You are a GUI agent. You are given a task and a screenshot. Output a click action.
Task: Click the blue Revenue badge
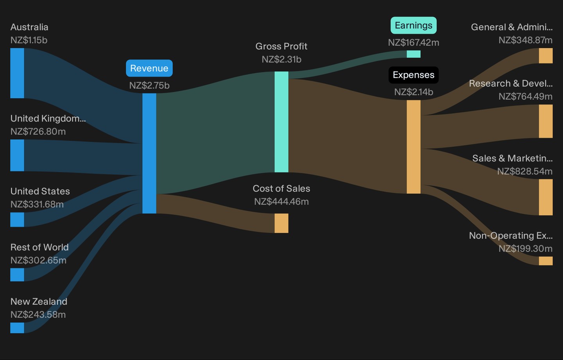(149, 68)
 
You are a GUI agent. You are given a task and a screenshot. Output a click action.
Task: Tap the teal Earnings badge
(414, 25)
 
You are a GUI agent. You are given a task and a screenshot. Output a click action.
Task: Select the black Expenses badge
(414, 75)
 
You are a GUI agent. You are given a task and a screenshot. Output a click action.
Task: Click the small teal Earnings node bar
(414, 54)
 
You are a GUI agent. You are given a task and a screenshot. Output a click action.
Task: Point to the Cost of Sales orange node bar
(281, 223)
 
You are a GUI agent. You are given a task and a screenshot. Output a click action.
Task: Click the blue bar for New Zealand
(17, 328)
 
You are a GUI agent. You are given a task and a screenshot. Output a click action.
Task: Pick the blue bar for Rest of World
(17, 274)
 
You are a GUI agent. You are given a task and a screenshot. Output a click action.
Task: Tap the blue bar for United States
(17, 220)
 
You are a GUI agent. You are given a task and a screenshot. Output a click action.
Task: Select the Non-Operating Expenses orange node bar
(546, 261)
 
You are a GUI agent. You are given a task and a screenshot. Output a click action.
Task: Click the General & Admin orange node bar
(546, 56)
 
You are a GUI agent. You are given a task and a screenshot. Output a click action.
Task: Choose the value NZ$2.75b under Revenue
(149, 86)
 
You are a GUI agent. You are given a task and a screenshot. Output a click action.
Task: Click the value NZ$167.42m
(414, 43)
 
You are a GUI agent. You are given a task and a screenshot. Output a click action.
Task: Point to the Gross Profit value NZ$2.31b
(281, 59)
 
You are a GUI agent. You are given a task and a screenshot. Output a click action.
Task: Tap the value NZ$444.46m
(281, 202)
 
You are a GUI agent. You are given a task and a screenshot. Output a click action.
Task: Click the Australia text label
(29, 27)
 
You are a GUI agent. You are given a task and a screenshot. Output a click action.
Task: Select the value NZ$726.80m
(38, 131)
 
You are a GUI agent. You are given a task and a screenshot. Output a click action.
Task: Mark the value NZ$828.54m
(525, 171)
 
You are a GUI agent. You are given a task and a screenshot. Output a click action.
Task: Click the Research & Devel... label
(511, 83)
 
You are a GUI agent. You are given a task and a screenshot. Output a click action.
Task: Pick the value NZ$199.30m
(525, 248)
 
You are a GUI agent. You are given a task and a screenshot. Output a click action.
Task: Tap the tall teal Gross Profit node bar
(281, 122)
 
